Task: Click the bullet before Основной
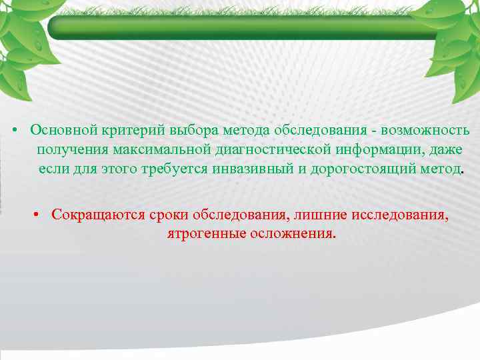point(13,129)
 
